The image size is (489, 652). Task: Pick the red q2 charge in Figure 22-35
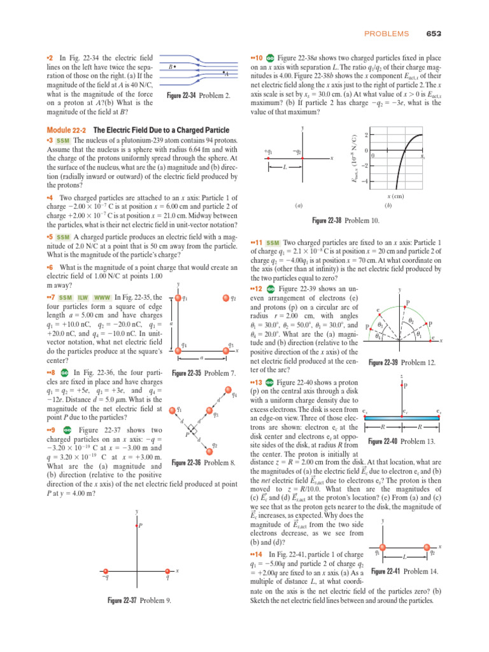pyautogui.click(x=224, y=297)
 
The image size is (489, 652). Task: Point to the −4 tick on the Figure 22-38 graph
pyautogui.click(x=365, y=181)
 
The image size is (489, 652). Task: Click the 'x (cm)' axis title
pyautogui.click(x=396, y=196)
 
